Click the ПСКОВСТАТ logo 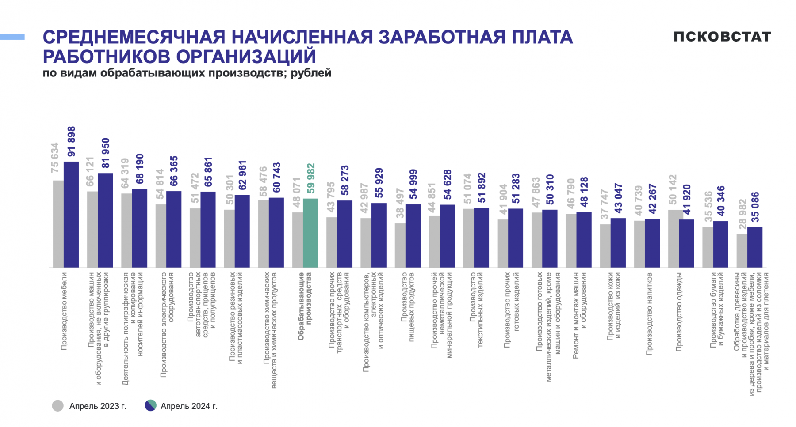722,37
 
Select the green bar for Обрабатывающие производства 310,233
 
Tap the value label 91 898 72,141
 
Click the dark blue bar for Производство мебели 71,214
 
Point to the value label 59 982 311,178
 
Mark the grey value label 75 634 55,158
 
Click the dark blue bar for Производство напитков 652,243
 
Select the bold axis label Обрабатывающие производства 305,306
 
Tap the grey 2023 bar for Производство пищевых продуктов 400,245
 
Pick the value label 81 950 106,153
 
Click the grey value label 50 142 673,189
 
